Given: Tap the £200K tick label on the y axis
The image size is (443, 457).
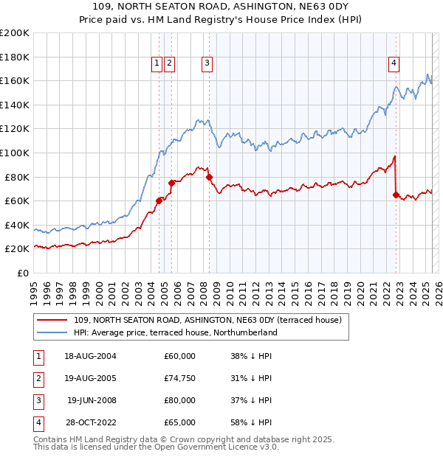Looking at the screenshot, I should [x=15, y=32].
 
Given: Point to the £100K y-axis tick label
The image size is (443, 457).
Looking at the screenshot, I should [x=15, y=153].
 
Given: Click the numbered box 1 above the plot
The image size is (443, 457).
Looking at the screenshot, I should [x=157, y=64].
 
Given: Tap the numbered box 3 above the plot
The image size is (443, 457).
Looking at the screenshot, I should [x=207, y=64].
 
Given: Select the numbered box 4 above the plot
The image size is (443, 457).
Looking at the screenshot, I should [x=394, y=64].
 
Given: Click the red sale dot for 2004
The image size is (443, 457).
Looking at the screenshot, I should [x=159, y=200].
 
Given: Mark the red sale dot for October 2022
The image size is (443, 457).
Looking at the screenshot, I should [x=396, y=195].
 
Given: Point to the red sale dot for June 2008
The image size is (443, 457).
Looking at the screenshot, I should [x=209, y=177].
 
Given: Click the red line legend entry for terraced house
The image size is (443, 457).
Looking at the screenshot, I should [x=207, y=321].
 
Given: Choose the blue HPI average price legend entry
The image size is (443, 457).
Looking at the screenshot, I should [x=175, y=333].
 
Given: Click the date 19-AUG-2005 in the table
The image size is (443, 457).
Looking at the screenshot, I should [x=90, y=379].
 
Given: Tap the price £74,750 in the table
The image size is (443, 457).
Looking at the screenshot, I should [x=179, y=379].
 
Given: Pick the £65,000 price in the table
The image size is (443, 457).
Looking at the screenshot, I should [x=179, y=423].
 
